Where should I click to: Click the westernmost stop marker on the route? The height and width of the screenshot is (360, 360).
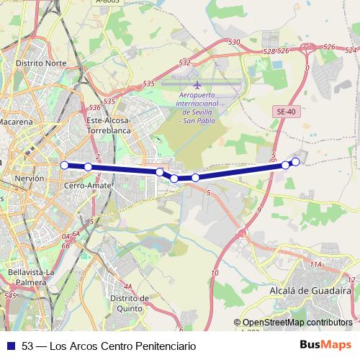[x=64, y=165]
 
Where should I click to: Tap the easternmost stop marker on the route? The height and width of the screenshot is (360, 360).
[x=295, y=161]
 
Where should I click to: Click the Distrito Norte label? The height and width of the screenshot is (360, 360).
[x=41, y=63]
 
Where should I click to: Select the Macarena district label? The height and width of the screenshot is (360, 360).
[x=16, y=122]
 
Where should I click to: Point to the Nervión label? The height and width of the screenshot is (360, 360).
[x=30, y=177]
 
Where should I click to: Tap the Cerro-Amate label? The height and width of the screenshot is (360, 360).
[x=87, y=186]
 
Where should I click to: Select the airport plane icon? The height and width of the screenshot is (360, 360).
[x=197, y=86]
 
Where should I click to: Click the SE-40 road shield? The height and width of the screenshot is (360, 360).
[x=286, y=112]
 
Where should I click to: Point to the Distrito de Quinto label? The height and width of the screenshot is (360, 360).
[x=130, y=302]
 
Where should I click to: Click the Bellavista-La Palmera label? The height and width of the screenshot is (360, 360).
[x=32, y=277]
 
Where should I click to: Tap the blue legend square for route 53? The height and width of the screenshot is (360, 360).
[x=11, y=346]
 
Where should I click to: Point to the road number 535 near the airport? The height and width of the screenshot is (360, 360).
[x=149, y=84]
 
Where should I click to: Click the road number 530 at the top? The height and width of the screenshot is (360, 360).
[x=233, y=43]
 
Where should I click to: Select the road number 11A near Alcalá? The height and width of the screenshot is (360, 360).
[x=315, y=265]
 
